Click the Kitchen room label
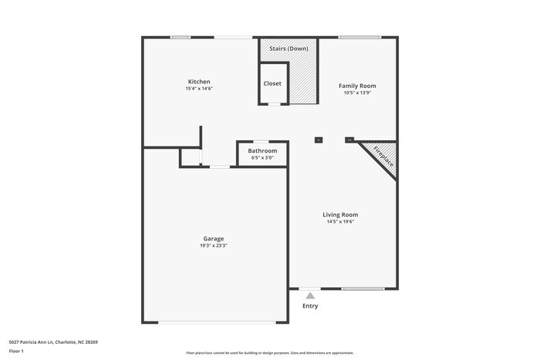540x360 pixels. (x=199, y=82)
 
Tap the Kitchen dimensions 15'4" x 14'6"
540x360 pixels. (x=199, y=89)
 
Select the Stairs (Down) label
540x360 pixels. (x=289, y=49)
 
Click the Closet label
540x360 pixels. (x=272, y=83)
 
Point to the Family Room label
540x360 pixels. (x=358, y=86)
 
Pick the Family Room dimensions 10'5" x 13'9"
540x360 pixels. (x=358, y=93)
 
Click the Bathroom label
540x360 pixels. (x=262, y=150)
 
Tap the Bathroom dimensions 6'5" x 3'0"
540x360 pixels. (x=262, y=158)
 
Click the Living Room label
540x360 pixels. (x=340, y=214)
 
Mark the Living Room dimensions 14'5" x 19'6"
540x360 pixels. (x=340, y=222)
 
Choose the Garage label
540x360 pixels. (x=214, y=238)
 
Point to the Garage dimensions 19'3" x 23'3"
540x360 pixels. (x=214, y=246)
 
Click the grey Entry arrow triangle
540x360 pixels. (x=310, y=295)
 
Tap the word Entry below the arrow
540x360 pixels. (x=310, y=306)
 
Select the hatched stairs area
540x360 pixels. (x=304, y=81)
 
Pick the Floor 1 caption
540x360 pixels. (x=16, y=352)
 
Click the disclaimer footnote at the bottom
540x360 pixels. (x=270, y=352)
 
